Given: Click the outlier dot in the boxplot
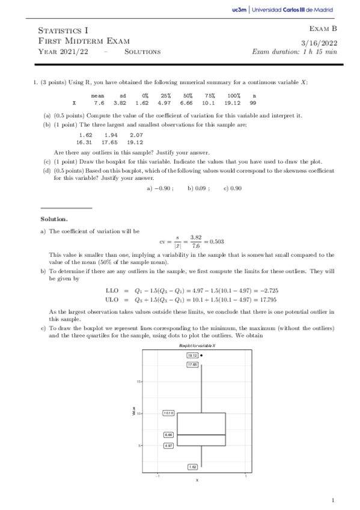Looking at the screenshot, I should tap(201, 355).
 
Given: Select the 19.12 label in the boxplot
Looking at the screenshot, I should tap(192, 355).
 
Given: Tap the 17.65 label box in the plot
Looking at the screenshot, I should tap(192, 365).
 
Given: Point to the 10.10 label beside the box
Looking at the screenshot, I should tap(169, 413).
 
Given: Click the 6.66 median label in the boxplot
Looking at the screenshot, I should tap(169, 434).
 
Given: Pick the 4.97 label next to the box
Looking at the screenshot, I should tap(169, 446).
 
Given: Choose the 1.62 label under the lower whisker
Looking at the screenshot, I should tap(192, 466).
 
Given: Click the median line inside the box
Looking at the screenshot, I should tap(201, 434).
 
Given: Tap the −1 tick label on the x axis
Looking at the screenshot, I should tap(157, 476).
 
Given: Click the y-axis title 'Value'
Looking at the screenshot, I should tap(133, 411).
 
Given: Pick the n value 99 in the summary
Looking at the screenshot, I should tap(253, 103).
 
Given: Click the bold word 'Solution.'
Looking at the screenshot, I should tap(54, 218).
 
